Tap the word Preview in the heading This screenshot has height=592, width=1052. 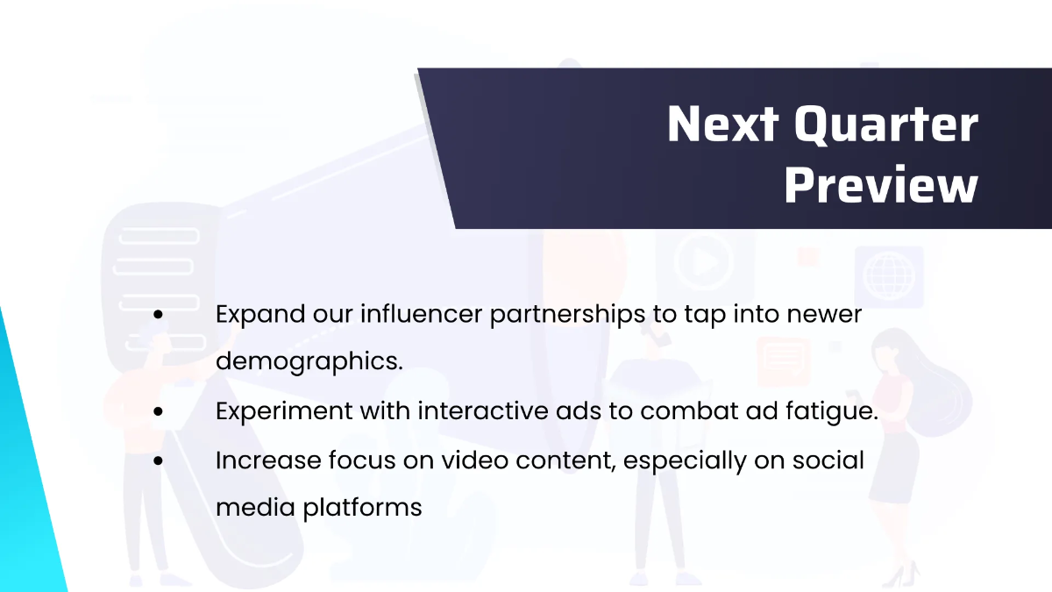tap(881, 185)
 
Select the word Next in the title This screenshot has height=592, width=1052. tap(722, 124)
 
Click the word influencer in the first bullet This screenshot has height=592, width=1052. tap(422, 313)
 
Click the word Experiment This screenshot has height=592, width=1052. tap(284, 412)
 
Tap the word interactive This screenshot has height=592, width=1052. tap(483, 410)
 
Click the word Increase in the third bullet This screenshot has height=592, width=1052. tap(268, 460)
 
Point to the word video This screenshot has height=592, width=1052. tap(474, 460)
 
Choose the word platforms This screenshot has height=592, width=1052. tap(362, 509)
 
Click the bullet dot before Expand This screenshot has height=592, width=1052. tap(159, 315)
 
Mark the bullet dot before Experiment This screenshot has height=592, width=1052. tap(159, 411)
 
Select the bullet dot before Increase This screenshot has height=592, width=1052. tap(159, 461)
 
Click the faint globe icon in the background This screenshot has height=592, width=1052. tap(889, 277)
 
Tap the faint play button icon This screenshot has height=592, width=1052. tap(703, 261)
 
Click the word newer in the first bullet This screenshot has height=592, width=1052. tap(824, 314)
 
